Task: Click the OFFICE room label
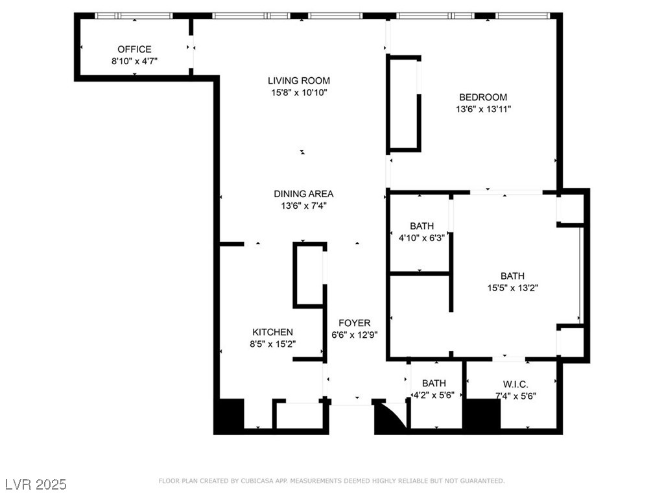click(x=134, y=49)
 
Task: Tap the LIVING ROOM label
click(x=299, y=81)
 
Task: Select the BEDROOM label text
click(x=484, y=98)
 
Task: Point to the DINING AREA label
click(x=303, y=194)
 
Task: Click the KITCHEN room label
click(x=272, y=332)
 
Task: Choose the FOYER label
click(x=355, y=323)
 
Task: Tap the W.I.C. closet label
click(x=516, y=383)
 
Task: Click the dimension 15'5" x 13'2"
click(x=512, y=288)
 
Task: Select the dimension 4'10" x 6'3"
click(x=421, y=237)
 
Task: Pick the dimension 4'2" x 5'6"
click(x=434, y=394)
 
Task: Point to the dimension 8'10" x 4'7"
click(x=134, y=61)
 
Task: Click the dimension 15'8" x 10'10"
click(x=299, y=93)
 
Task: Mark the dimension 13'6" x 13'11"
click(x=484, y=110)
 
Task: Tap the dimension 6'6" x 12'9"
click(x=355, y=335)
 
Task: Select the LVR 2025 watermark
click(x=36, y=484)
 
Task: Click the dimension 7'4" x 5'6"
click(x=516, y=396)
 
